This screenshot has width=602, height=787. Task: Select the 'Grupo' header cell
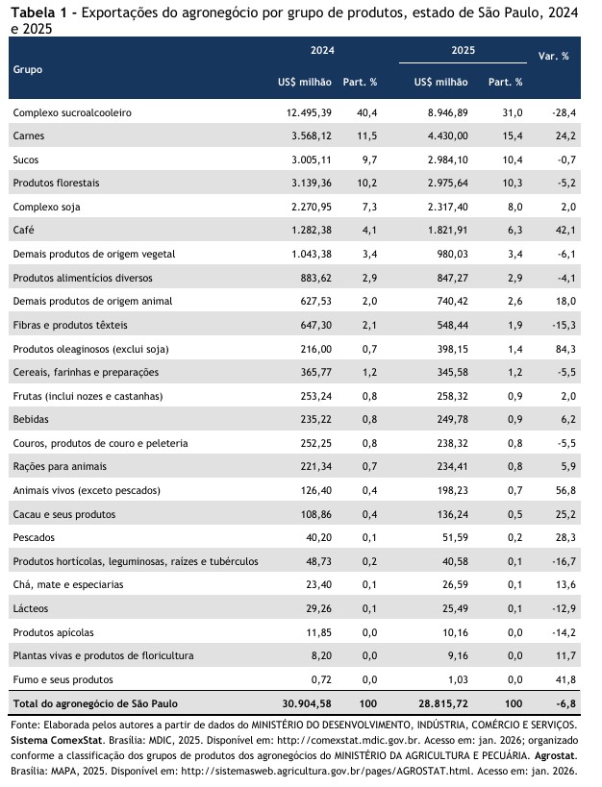(x=27, y=70)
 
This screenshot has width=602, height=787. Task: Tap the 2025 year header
(x=464, y=50)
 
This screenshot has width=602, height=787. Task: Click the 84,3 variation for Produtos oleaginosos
(x=564, y=348)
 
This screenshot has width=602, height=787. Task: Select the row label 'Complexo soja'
(x=46, y=207)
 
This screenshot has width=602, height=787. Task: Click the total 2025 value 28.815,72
(x=438, y=704)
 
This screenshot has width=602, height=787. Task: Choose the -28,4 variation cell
(x=563, y=112)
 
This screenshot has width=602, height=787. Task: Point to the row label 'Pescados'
(x=34, y=537)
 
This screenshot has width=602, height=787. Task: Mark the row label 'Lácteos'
(x=31, y=608)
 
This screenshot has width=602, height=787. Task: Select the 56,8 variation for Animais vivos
(x=564, y=490)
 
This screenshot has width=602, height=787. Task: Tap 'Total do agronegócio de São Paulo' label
(x=94, y=704)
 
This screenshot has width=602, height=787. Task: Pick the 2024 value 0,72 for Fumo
(x=320, y=678)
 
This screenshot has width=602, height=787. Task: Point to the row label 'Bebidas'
(x=33, y=419)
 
